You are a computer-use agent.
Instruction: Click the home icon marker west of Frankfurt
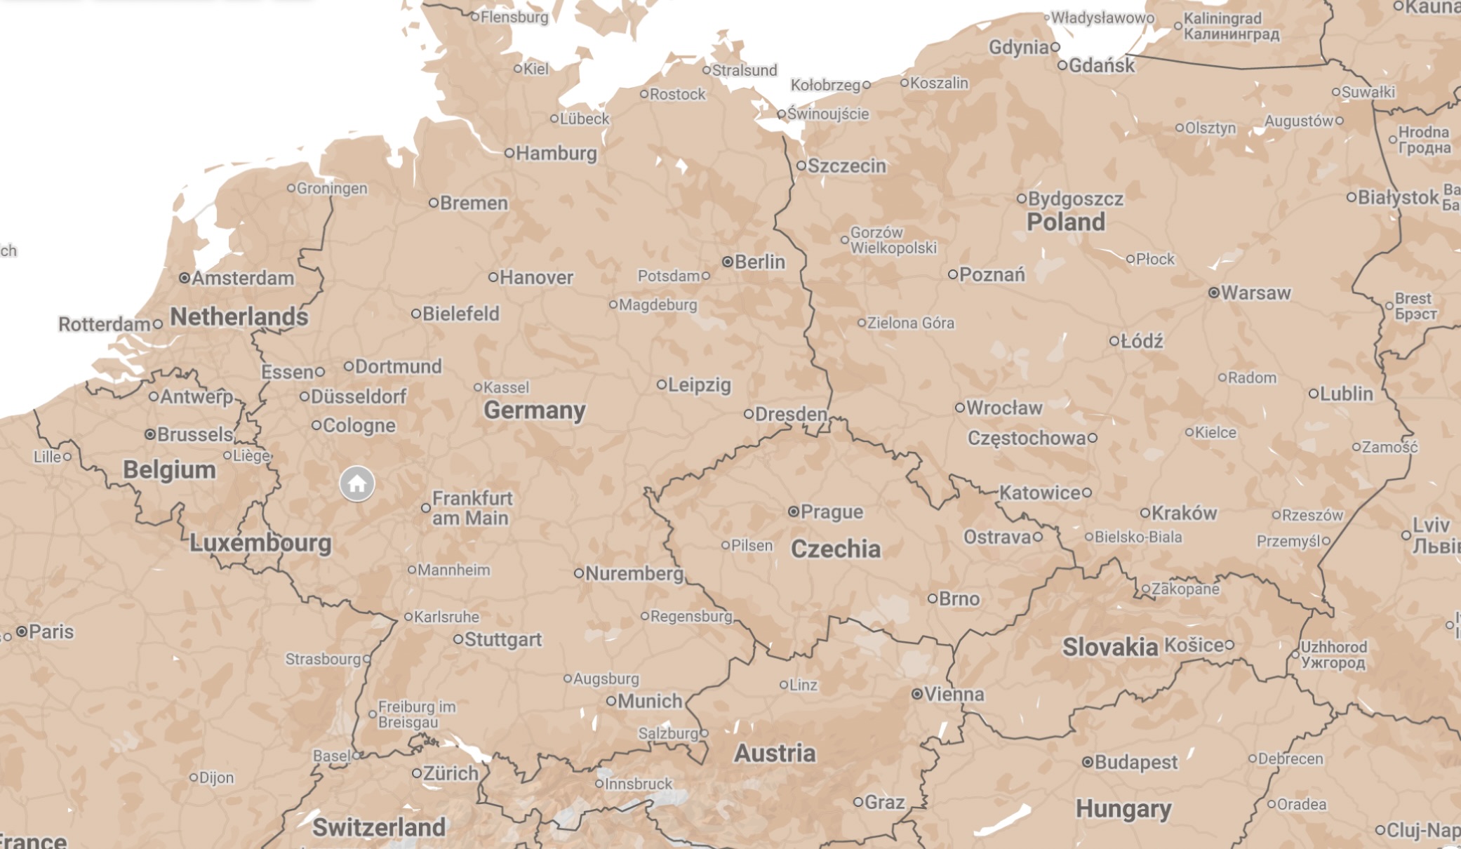356,483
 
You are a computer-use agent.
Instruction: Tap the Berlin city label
759,262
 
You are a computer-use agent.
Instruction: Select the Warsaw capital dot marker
1213,293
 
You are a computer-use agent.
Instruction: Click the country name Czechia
835,549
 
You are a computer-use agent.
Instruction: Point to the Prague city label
832,512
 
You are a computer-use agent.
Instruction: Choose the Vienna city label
954,694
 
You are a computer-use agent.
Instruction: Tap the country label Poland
1065,222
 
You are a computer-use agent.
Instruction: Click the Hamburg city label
556,153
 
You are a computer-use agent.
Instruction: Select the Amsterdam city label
243,278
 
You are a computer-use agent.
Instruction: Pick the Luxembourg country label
260,542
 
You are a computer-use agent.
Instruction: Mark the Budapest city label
1135,761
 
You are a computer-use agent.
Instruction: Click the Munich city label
650,700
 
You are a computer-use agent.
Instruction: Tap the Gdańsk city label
1101,65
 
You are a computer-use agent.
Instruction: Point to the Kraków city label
1184,513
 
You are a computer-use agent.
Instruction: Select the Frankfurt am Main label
471,508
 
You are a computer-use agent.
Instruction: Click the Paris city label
51,631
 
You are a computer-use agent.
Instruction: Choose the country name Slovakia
1109,647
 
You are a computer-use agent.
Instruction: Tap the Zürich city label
451,773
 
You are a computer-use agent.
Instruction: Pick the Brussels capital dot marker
149,434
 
